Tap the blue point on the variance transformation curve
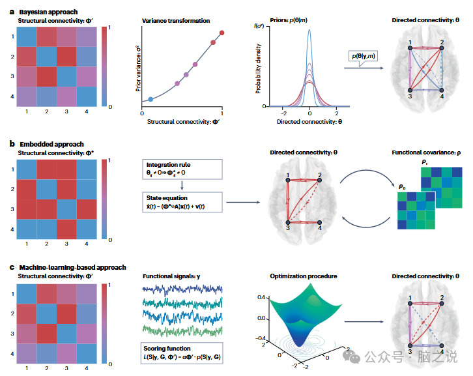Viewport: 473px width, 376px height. point(150,99)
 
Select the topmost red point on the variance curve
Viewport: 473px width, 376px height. point(222,33)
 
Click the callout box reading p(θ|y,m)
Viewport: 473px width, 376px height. point(365,58)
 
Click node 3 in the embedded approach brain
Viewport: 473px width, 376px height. point(287,222)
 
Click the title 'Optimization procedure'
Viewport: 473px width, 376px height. point(304,276)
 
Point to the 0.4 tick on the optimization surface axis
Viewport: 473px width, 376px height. point(261,296)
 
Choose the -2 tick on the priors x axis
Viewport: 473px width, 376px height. point(275,113)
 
